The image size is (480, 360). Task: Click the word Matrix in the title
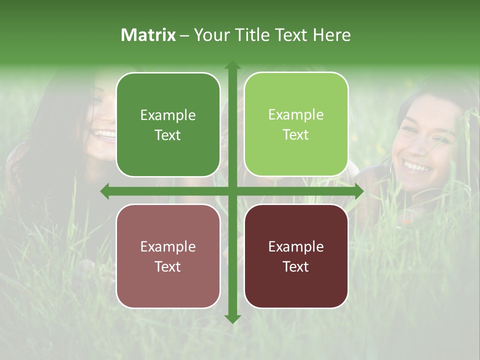click(148, 35)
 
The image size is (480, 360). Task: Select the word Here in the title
click(332, 35)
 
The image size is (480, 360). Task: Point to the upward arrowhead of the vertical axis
click(232, 65)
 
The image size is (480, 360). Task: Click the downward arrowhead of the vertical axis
click(232, 318)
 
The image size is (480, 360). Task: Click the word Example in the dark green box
click(168, 115)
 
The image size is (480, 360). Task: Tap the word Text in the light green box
click(296, 135)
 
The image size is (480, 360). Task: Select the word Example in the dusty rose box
click(168, 247)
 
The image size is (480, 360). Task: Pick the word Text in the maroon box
click(296, 266)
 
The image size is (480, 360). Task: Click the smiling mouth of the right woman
click(417, 165)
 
